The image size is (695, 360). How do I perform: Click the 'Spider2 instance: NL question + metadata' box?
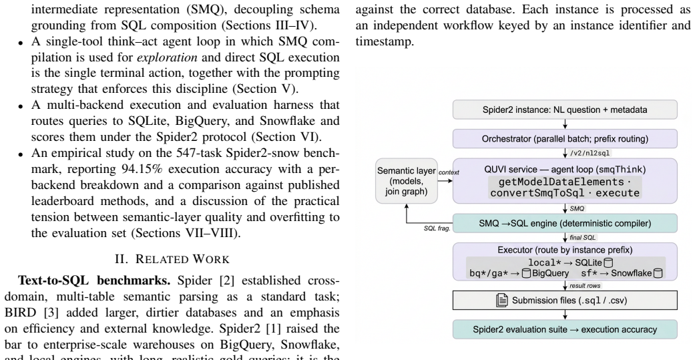[x=565, y=110]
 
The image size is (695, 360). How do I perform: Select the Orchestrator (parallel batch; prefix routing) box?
[x=565, y=139]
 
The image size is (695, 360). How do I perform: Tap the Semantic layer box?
[x=407, y=181]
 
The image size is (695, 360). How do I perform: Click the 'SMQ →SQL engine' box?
[x=565, y=224]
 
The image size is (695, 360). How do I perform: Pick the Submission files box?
[x=565, y=300]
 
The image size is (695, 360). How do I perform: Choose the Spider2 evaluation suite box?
[x=565, y=329]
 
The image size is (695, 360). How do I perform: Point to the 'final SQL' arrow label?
[x=583, y=238]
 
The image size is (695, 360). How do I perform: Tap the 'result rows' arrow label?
[x=585, y=285]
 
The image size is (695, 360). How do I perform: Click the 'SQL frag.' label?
[x=437, y=228]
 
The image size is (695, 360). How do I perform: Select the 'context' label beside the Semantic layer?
[x=449, y=172]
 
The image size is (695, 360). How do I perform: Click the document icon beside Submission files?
[x=502, y=300]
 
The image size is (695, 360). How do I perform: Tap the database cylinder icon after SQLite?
[x=609, y=263]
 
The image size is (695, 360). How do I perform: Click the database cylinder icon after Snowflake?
[x=658, y=273]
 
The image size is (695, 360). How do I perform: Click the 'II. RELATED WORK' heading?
[x=172, y=259]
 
